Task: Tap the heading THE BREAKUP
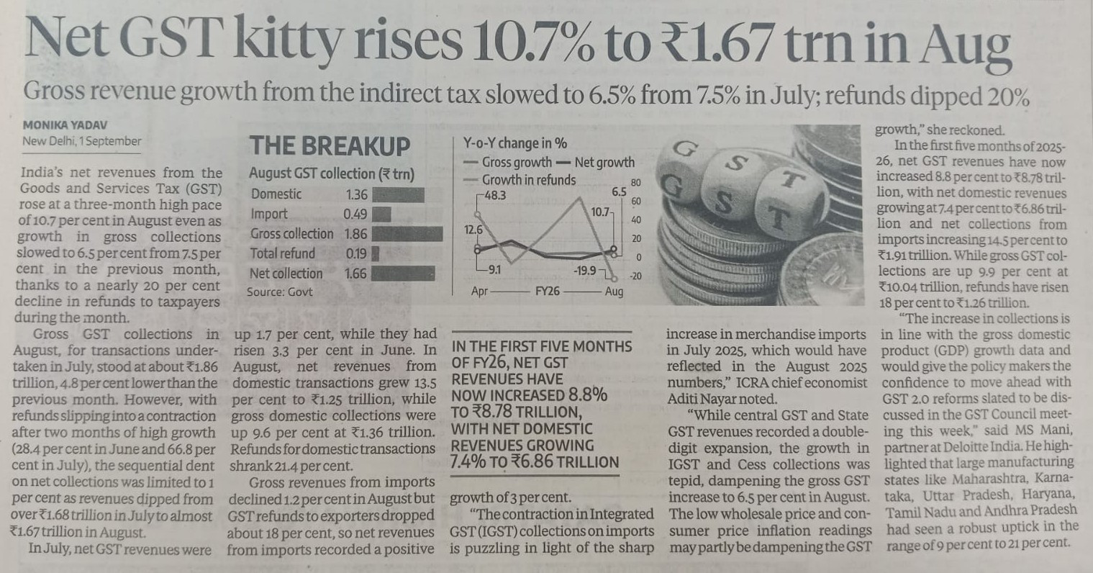pyautogui.click(x=330, y=146)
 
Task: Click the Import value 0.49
pyautogui.click(x=355, y=214)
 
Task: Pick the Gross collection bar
pyautogui.click(x=407, y=234)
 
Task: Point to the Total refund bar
pyautogui.click(x=375, y=253)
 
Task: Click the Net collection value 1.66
pyautogui.click(x=355, y=274)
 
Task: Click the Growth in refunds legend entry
pyautogui.click(x=528, y=180)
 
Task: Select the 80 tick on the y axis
pyautogui.click(x=635, y=183)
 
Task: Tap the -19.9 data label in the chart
pyautogui.click(x=585, y=271)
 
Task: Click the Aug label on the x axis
pyautogui.click(x=614, y=292)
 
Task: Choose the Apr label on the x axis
pyautogui.click(x=480, y=292)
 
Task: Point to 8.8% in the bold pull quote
pyautogui.click(x=588, y=395)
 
